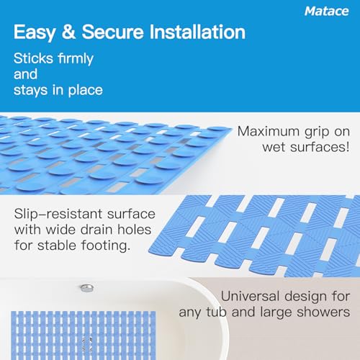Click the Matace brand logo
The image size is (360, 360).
click(326, 12)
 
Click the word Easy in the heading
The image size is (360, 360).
click(34, 32)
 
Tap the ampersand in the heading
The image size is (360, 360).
click(68, 32)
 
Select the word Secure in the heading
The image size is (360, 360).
click(113, 32)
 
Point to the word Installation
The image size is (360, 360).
click(197, 32)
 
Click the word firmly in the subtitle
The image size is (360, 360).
click(76, 59)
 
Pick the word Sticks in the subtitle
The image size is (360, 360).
click(33, 58)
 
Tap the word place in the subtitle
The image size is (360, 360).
click(86, 91)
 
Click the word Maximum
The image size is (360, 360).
click(269, 131)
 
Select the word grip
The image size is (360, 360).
click(317, 132)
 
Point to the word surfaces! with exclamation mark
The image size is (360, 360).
click(320, 147)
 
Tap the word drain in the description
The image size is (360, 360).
click(96, 230)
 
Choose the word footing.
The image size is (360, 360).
click(106, 246)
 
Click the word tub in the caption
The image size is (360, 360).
click(216, 312)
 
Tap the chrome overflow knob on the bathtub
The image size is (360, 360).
click(87, 288)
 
